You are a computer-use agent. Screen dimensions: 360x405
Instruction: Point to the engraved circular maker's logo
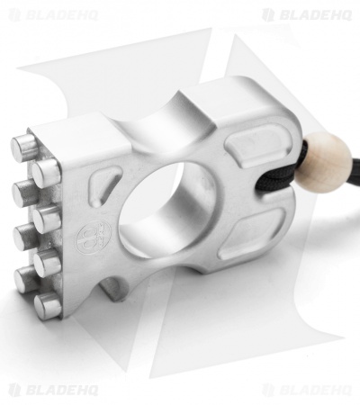(x=94, y=237)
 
